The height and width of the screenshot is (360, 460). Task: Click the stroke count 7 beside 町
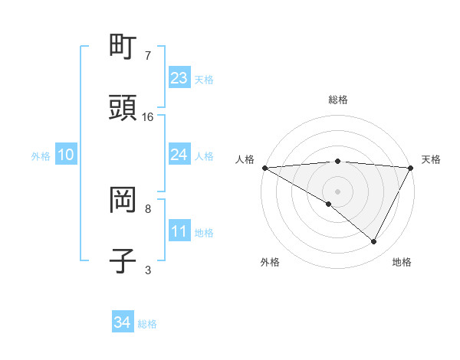[x=147, y=56]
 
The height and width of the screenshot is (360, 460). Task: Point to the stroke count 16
[x=148, y=117]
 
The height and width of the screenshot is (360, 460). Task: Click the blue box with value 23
[x=179, y=78]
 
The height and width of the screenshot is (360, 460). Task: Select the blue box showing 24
[x=179, y=155]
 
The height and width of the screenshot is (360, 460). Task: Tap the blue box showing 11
[x=179, y=231]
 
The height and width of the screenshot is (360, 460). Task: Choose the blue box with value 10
[x=66, y=155]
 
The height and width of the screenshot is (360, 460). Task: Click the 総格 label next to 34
[x=148, y=324]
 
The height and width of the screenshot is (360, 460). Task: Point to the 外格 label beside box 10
[x=41, y=155]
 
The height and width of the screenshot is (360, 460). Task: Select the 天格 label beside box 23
[x=204, y=80]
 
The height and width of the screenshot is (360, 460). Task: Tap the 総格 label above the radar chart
[x=338, y=100]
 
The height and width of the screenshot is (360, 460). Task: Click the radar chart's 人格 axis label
[x=244, y=159]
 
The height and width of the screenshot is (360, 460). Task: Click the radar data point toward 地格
[x=374, y=242]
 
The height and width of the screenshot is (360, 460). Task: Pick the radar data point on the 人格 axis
[x=264, y=168]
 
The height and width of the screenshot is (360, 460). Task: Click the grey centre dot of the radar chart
[x=338, y=191]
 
